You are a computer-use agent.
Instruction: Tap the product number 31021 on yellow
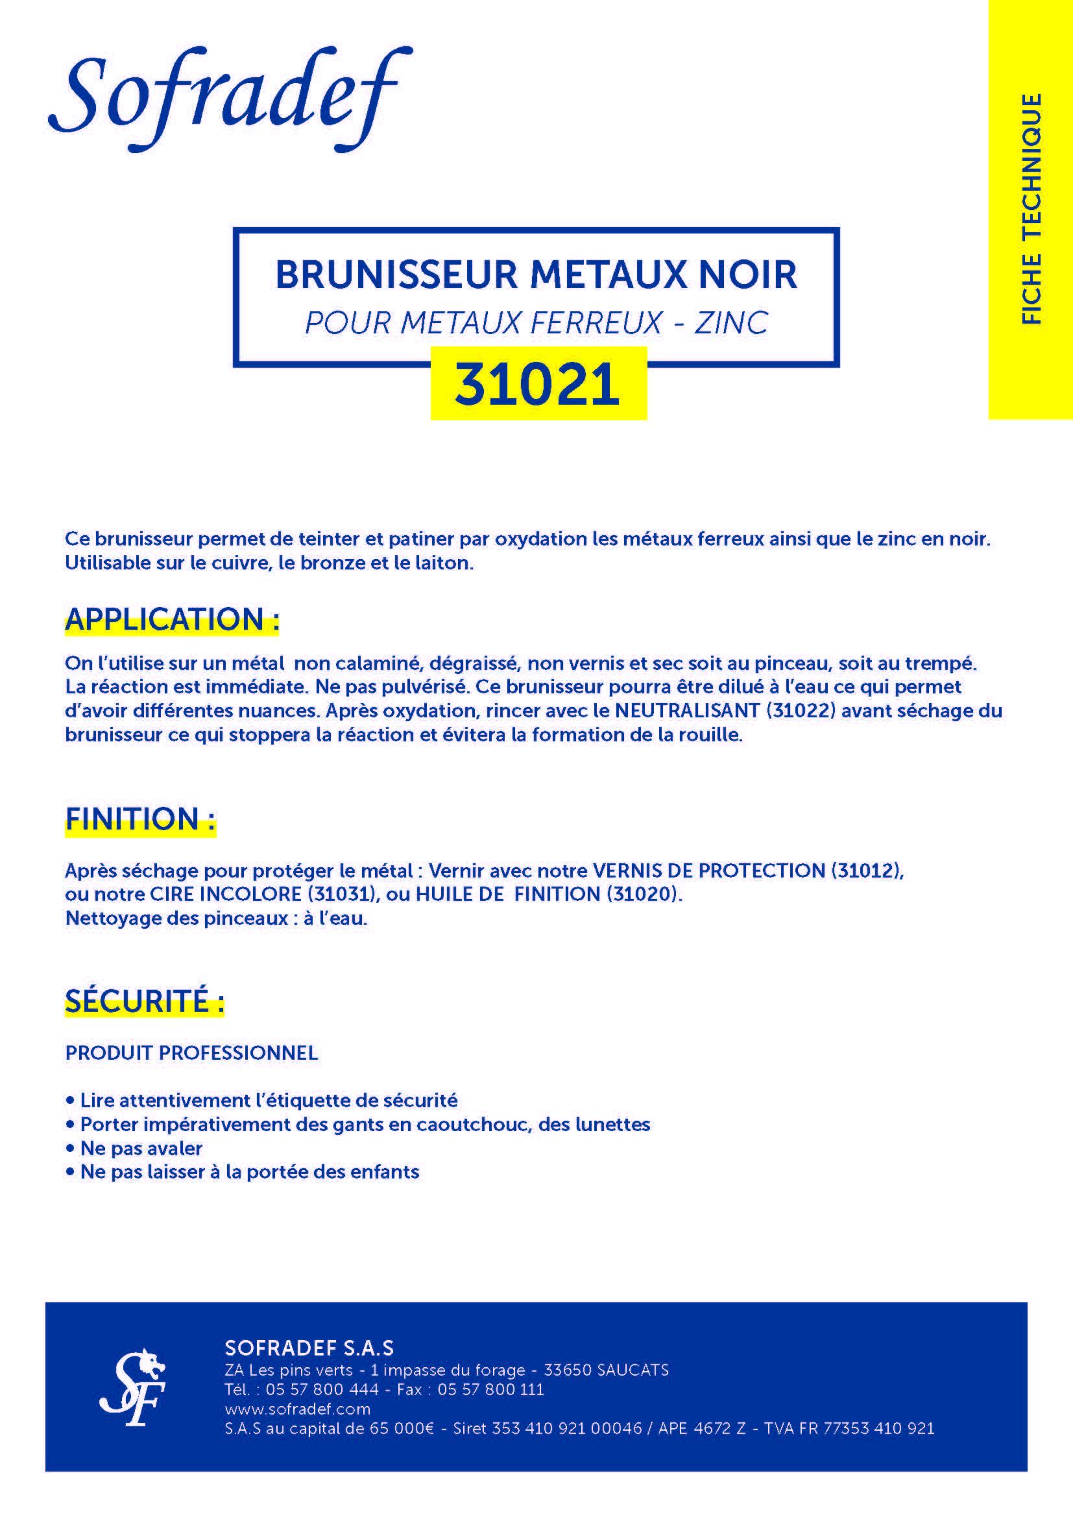click(538, 384)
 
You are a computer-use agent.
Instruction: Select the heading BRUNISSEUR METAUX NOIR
click(536, 274)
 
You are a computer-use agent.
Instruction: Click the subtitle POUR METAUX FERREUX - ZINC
click(536, 323)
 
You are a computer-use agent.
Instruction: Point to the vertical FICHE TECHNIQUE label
click(1031, 208)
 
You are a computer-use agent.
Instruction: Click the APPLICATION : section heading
click(172, 620)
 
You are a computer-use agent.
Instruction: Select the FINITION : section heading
click(140, 819)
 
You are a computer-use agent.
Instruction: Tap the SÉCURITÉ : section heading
click(144, 1001)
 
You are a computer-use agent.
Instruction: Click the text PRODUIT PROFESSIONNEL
click(191, 1053)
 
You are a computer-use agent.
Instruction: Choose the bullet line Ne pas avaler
click(141, 1149)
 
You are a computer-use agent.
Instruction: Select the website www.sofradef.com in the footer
click(297, 1409)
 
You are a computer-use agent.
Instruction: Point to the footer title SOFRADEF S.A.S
click(309, 1348)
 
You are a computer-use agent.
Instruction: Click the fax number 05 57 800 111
click(490, 1389)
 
